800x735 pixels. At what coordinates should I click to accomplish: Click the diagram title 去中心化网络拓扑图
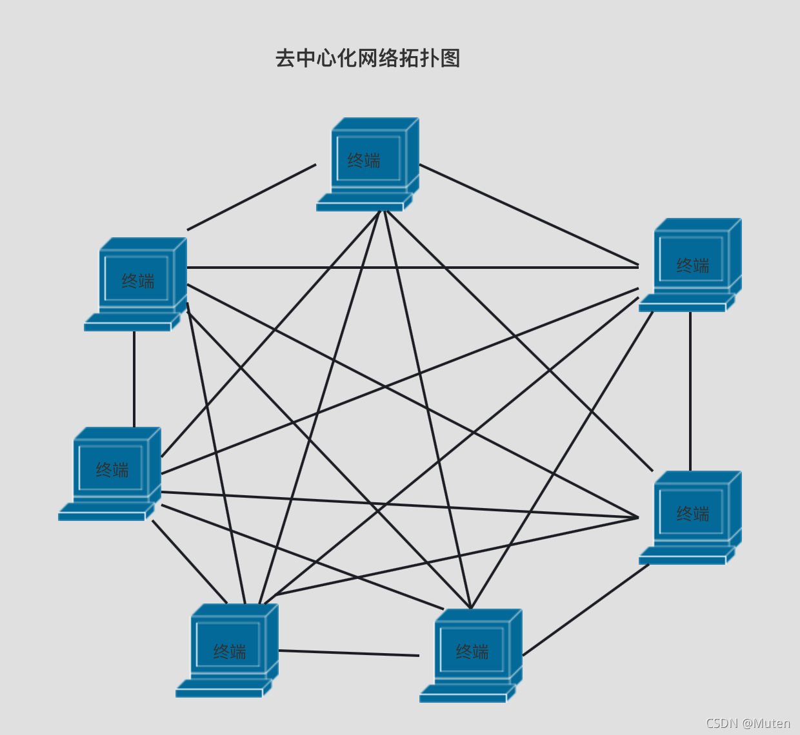367,59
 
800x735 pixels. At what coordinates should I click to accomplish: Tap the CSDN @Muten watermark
748,723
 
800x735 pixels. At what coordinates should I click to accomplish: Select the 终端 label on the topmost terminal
364,161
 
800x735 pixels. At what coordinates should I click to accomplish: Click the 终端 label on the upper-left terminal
138,281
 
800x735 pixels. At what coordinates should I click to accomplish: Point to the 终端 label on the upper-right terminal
692,266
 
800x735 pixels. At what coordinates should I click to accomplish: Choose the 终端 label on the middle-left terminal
112,470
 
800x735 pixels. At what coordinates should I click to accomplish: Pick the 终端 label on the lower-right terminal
692,514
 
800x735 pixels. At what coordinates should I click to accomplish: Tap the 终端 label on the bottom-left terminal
230,652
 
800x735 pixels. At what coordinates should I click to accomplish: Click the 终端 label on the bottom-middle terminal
472,652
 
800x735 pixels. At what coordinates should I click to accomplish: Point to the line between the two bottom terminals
348,653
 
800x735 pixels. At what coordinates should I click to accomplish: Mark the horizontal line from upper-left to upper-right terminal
413,268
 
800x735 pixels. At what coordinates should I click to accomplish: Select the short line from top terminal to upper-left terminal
252,197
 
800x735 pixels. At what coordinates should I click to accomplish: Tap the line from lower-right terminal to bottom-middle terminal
586,610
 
